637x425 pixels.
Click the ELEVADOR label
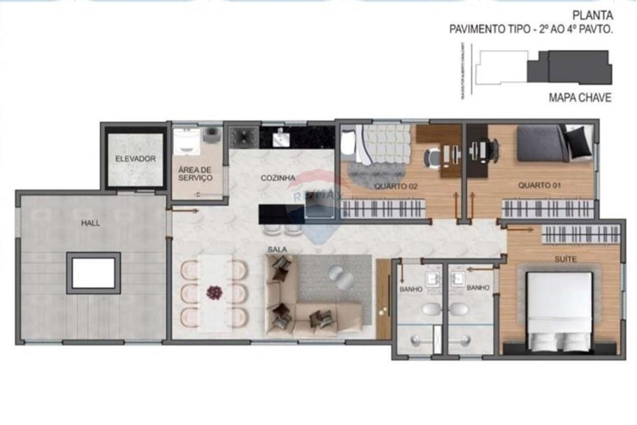(x=135, y=159)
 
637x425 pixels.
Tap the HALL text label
(x=89, y=224)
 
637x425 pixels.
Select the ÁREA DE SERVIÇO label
(x=196, y=175)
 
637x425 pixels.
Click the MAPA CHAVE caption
(x=580, y=98)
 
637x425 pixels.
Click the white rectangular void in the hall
(x=93, y=273)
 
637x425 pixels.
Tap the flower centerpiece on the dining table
(x=214, y=292)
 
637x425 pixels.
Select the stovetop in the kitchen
(x=243, y=134)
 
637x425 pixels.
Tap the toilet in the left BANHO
(x=431, y=310)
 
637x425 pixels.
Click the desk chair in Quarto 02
(x=433, y=155)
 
